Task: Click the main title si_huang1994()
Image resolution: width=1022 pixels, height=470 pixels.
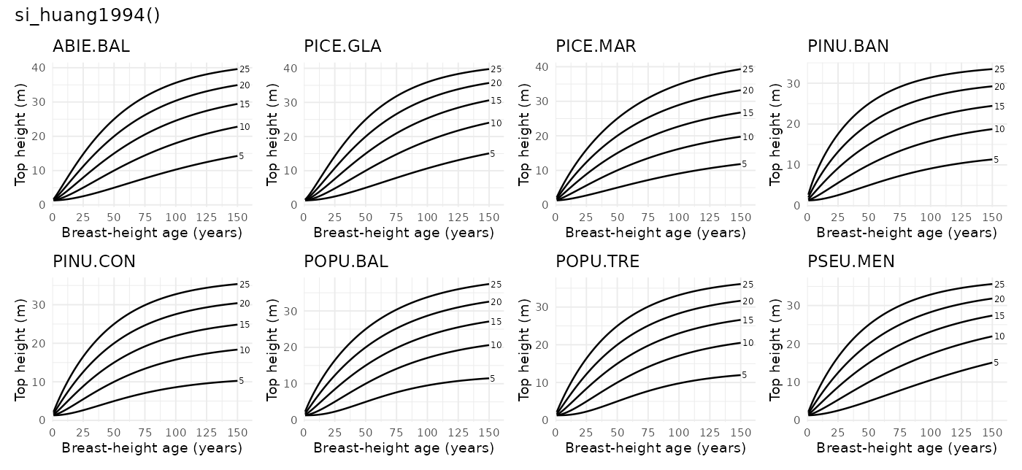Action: coord(88,16)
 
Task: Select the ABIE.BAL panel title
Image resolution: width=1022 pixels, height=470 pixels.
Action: coord(91,47)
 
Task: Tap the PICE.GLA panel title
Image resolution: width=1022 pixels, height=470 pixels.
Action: coord(342,47)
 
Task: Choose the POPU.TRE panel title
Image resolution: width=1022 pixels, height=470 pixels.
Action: coord(597,261)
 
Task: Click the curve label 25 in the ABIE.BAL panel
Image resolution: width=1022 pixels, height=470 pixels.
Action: coord(245,69)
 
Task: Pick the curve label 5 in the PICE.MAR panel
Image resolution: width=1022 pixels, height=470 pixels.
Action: coord(745,164)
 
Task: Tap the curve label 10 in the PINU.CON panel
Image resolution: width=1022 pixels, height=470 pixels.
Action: coord(245,350)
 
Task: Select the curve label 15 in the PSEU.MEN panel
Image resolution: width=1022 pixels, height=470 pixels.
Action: coord(999,315)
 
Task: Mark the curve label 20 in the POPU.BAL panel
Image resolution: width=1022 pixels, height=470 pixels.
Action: coord(496,302)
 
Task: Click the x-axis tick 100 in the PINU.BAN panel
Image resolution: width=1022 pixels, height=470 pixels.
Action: coord(931,217)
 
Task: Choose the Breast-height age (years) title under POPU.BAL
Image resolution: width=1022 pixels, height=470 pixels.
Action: coord(404,447)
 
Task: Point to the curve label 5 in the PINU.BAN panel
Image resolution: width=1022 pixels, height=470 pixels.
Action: coord(996,159)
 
